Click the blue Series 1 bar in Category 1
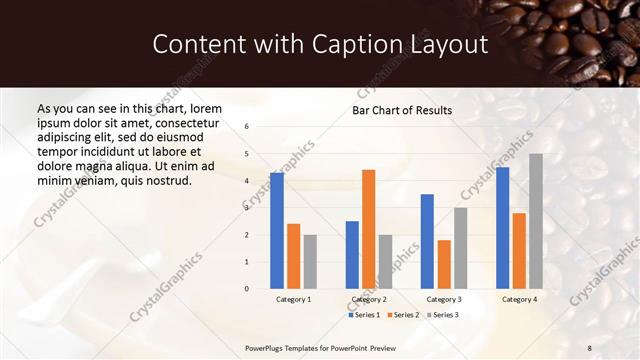[277, 231]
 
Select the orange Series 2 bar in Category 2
[368, 229]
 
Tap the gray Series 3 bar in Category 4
[536, 221]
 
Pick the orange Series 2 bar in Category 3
[444, 264]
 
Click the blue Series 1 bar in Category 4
[502, 228]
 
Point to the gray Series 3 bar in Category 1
[310, 262]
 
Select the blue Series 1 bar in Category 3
[427, 241]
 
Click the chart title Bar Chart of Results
[402, 110]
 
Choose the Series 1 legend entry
[364, 315]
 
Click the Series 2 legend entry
[403, 315]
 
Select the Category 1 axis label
[293, 299]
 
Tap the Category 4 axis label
[518, 299]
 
